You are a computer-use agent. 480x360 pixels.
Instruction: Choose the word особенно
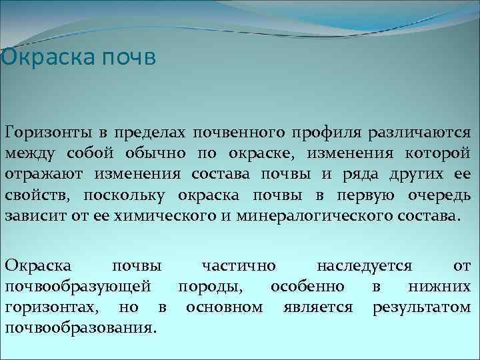[x=307, y=287]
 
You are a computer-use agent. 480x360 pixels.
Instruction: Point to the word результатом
[x=422, y=308]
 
